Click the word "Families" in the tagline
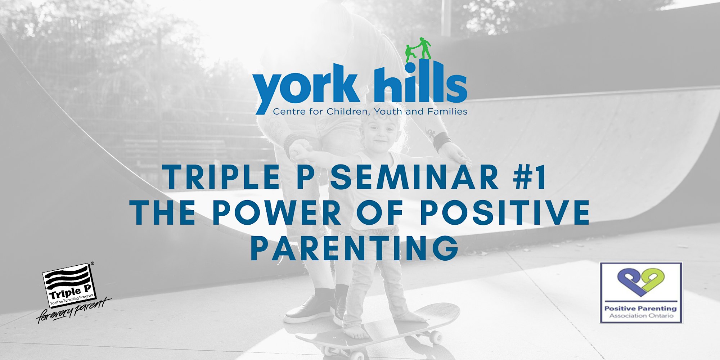[447, 112]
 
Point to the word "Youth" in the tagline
[388, 112]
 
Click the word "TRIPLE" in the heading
[221, 177]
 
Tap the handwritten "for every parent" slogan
[74, 311]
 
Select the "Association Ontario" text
[641, 316]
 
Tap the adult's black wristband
[441, 141]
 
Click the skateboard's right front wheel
[436, 337]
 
